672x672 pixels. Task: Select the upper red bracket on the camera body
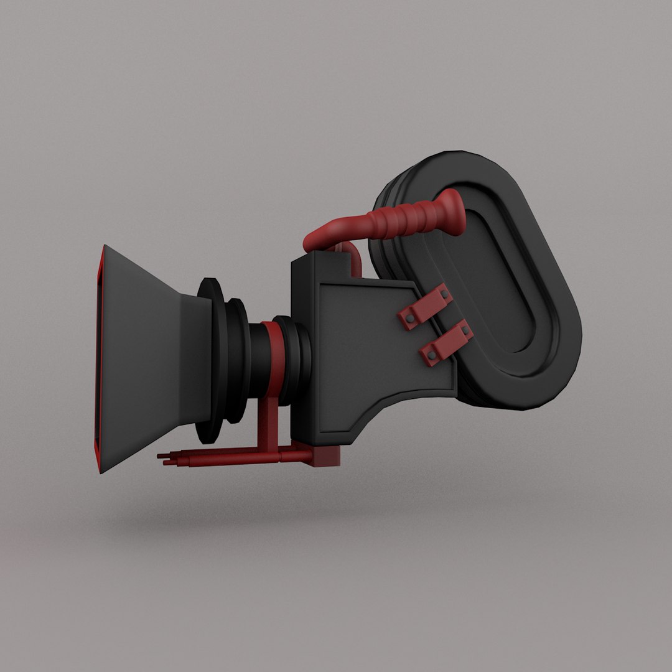click(426, 307)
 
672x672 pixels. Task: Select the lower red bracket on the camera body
click(446, 343)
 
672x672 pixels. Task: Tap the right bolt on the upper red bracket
click(443, 293)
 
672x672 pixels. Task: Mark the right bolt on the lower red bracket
click(463, 329)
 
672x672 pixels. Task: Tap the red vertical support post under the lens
click(268, 423)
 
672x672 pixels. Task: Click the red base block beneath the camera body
click(326, 456)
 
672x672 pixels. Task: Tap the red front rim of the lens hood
click(98, 358)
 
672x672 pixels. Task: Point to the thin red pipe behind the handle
click(354, 258)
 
